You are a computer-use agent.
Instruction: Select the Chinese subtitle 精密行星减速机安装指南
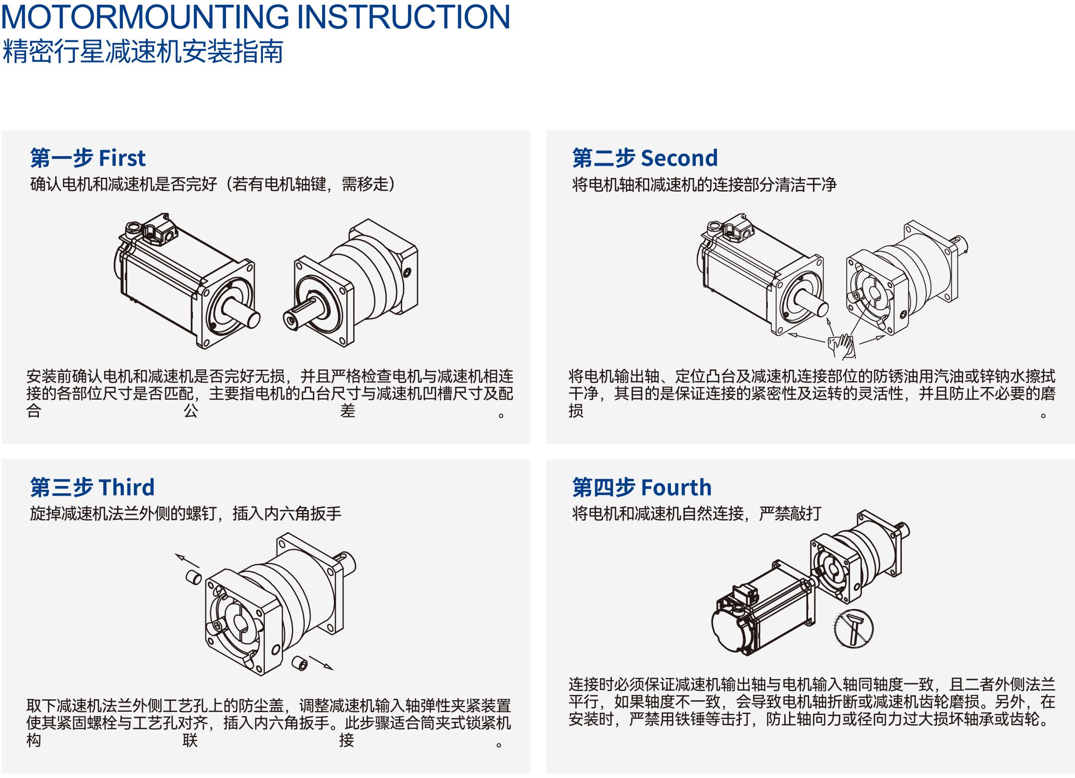143,52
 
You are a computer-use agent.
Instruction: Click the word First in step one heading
122,158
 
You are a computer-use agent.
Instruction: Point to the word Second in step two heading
679,158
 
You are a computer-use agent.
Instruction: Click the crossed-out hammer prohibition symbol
854,629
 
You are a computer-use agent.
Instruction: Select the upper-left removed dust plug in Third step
194,577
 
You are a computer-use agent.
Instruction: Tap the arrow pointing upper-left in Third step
187,560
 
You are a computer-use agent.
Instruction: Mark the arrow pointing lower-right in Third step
321,663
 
